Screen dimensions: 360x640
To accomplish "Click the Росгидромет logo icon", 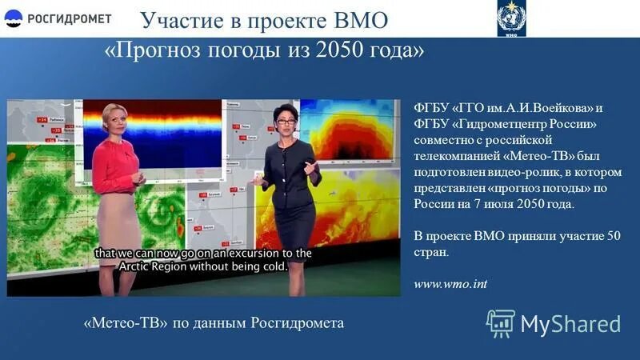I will [x=14, y=18].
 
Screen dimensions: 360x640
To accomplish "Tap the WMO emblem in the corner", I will [x=511, y=17].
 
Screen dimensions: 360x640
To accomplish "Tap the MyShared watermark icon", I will [x=500, y=323].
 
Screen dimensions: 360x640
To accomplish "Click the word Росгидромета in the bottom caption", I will [x=297, y=323].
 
